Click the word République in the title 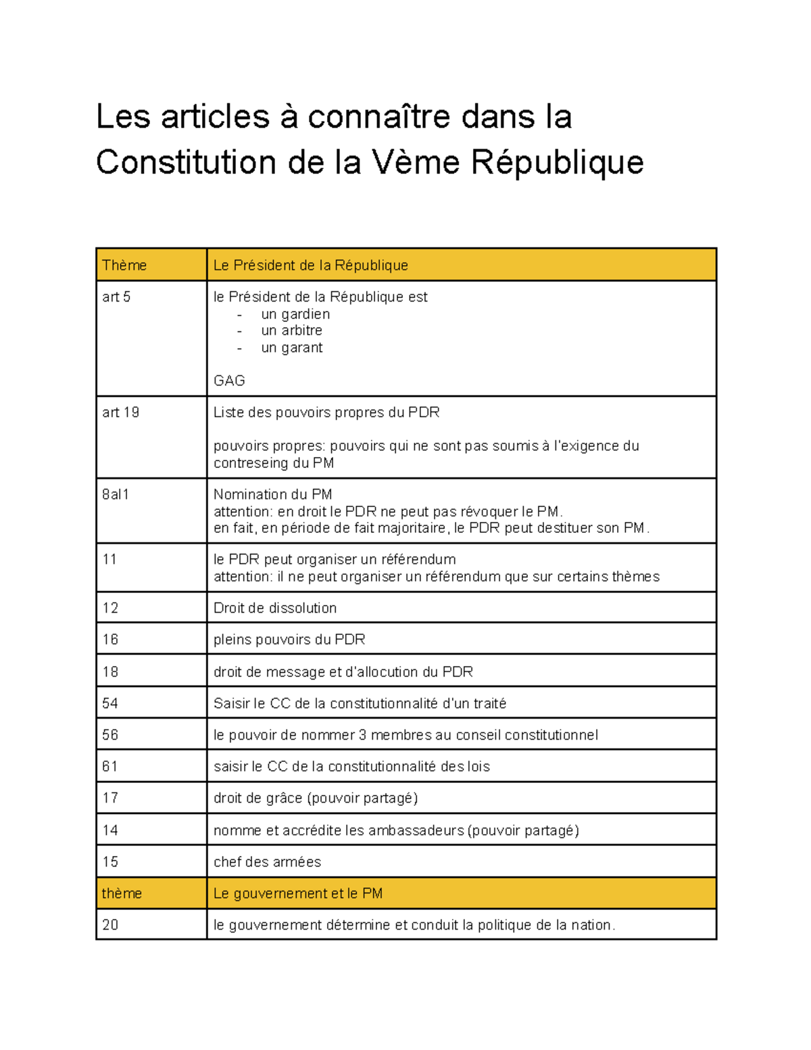[x=557, y=162]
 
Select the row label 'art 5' [x=116, y=297]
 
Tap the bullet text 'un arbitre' [x=291, y=331]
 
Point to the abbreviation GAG [x=229, y=381]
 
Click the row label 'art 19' [x=120, y=412]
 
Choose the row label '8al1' [x=116, y=494]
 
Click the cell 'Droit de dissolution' [x=275, y=608]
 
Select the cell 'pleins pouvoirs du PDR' [x=289, y=640]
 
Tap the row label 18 [x=110, y=671]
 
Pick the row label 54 [x=110, y=703]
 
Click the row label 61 [x=110, y=766]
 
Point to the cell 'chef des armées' [x=267, y=862]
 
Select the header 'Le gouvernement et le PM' [x=298, y=893]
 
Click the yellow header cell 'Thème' [x=124, y=265]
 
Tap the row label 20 [x=110, y=925]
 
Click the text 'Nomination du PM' [x=272, y=494]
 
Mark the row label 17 [x=110, y=798]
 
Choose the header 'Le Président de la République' [x=311, y=265]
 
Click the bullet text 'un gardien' [x=295, y=314]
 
